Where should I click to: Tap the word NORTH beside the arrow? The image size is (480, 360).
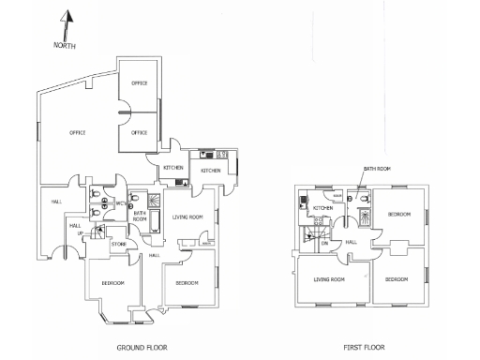[64, 45]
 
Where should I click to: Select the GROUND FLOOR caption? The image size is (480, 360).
[142, 347]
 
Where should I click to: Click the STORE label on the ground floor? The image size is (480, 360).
[118, 245]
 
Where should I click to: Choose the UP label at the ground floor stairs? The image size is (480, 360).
[80, 233]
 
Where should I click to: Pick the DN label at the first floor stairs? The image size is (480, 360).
[324, 244]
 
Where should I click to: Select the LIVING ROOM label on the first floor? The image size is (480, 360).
[329, 279]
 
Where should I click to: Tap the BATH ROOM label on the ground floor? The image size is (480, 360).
[139, 217]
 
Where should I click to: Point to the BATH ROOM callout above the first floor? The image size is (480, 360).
[376, 170]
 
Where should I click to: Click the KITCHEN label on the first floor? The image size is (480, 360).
[322, 208]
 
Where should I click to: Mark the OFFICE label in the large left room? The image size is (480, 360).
[78, 132]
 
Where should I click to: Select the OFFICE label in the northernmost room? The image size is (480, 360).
[139, 83]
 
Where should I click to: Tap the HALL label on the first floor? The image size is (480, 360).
[351, 242]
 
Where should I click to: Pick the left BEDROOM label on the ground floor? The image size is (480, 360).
[113, 282]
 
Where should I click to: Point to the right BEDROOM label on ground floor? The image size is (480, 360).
[185, 282]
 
